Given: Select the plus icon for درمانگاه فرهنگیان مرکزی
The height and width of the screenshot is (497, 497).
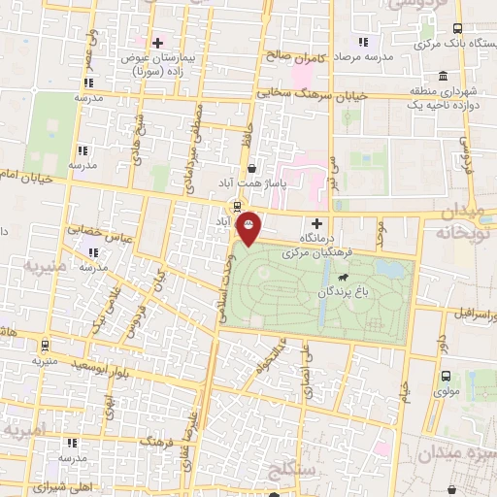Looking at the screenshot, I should click(x=316, y=223).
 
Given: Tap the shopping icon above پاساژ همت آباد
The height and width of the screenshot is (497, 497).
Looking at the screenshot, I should click(x=251, y=167).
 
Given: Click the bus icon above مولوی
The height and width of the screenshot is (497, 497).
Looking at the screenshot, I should click(x=446, y=376).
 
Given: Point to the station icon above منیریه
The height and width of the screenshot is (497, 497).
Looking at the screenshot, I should click(x=46, y=345).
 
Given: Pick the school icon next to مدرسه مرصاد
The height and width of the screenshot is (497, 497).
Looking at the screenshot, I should click(x=363, y=43).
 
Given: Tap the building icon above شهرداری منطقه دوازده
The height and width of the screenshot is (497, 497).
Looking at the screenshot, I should click(x=443, y=77).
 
